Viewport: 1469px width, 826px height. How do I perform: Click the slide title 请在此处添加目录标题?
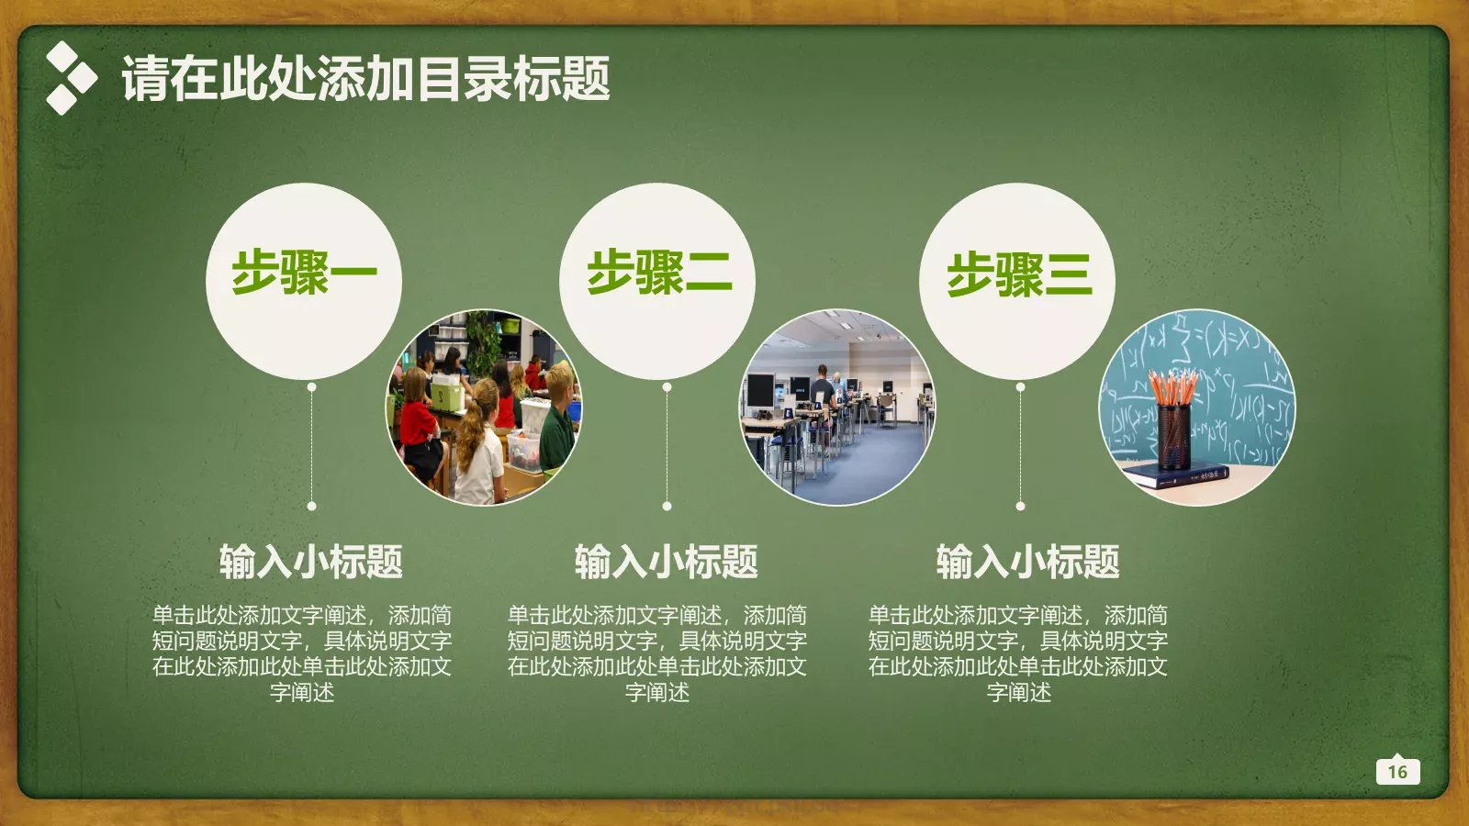[365, 79]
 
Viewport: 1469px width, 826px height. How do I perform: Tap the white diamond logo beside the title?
[70, 78]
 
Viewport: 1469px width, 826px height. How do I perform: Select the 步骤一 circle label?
[304, 273]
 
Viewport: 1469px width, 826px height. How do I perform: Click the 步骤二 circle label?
[658, 273]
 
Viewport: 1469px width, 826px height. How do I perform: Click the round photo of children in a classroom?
[484, 407]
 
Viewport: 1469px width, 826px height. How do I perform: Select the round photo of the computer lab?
[837, 407]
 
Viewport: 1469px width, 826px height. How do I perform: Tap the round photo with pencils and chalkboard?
[1197, 407]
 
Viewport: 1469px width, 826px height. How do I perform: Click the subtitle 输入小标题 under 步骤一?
[310, 562]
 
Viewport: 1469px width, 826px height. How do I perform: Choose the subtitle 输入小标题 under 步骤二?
[666, 562]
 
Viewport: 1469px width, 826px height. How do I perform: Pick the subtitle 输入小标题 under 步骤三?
[1027, 562]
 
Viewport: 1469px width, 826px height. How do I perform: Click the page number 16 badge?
[1397, 771]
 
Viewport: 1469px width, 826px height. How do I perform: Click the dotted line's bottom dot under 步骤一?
[312, 506]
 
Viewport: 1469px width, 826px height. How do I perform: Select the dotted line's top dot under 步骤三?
[1020, 387]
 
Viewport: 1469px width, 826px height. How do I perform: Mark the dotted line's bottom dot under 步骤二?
[667, 506]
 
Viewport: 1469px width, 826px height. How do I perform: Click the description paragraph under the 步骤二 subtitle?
[657, 653]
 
